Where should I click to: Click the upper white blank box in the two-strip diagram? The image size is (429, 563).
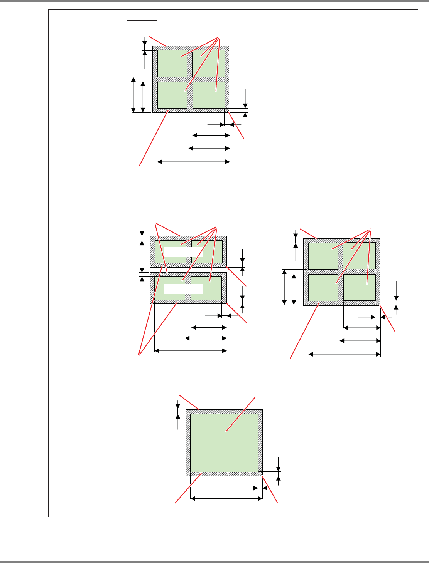183,252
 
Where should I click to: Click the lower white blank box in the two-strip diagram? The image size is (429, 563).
183,289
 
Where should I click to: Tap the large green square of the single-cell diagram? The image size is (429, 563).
224,443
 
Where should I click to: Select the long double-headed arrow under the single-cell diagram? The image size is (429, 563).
226,499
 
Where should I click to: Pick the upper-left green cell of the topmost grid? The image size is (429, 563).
172,64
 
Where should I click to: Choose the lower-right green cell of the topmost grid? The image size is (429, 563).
209,95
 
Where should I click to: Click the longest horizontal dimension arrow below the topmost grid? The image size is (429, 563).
194,162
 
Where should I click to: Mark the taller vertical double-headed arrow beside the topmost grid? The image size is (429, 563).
133,95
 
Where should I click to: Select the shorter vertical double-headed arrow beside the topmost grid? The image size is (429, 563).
143,97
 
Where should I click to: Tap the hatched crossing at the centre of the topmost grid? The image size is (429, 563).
190,79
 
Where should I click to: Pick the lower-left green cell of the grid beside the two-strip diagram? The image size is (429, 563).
323,288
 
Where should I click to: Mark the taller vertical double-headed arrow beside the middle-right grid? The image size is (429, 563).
285,287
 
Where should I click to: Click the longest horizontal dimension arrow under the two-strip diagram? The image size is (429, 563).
191,350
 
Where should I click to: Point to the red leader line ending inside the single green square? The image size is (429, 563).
241,414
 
